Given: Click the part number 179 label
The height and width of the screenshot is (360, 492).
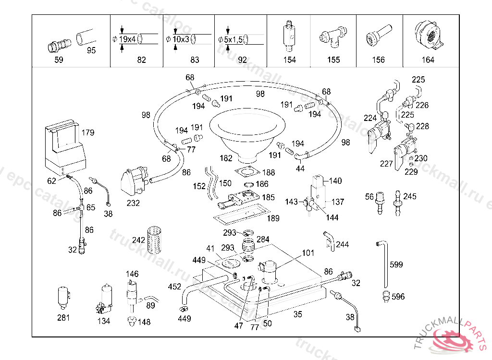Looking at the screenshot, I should pos(88,133).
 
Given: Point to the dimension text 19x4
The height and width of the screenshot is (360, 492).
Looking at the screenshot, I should pos(128,38).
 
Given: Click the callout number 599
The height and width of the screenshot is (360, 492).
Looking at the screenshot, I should pos(396,264).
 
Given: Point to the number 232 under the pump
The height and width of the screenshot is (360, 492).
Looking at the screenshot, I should pos(133,203).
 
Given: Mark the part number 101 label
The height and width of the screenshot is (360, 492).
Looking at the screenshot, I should pos(308,253).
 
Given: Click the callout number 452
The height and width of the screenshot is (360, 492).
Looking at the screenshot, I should pos(174,287).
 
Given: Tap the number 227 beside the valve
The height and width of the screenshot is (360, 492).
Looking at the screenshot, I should pos(386,164).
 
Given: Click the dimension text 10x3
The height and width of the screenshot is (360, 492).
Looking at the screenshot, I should pos(181,38).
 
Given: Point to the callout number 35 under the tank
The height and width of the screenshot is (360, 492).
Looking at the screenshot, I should pos(298,315).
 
